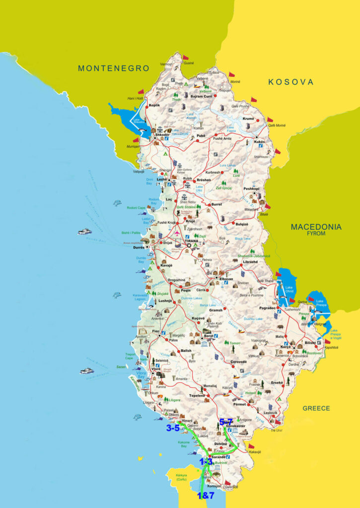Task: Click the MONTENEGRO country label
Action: [113, 68]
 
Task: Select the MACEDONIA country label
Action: [316, 227]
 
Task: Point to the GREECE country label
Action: [316, 408]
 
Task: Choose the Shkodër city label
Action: [162, 134]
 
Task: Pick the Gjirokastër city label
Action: [236, 426]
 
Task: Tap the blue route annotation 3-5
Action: [173, 428]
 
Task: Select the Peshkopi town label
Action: [252, 189]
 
